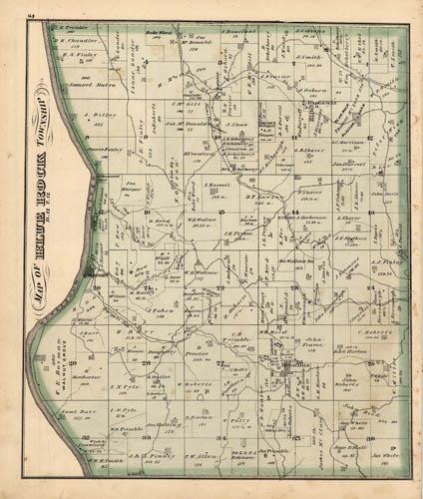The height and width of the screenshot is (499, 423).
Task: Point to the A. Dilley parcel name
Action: [76, 116]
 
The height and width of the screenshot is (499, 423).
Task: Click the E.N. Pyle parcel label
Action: [123, 387]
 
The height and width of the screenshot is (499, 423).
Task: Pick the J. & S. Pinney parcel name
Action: [147, 455]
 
